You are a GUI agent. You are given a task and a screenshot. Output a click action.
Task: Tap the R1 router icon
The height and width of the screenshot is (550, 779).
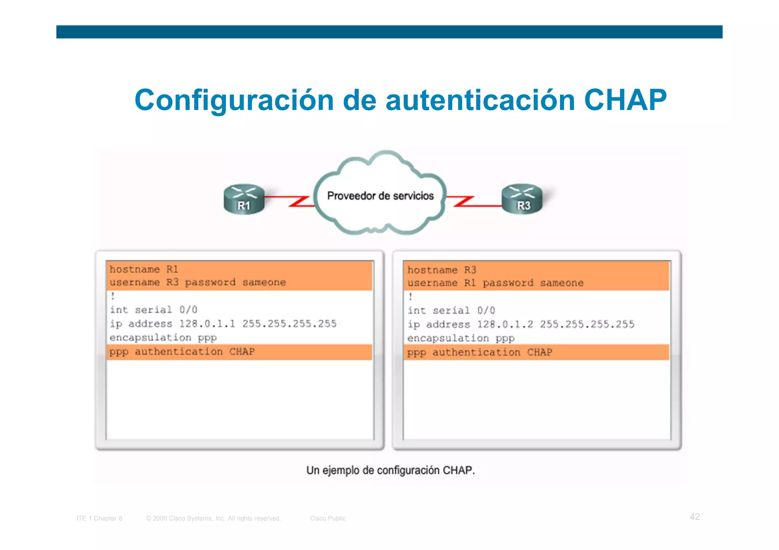click(x=244, y=199)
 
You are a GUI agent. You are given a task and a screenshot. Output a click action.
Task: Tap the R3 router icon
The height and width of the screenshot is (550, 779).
click(x=522, y=199)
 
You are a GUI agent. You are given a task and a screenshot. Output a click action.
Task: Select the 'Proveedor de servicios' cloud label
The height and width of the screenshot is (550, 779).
click(x=380, y=196)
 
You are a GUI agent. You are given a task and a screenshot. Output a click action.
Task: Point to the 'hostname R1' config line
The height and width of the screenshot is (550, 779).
click(x=144, y=269)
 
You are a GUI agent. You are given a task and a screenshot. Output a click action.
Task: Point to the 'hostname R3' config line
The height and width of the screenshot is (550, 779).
click(x=442, y=270)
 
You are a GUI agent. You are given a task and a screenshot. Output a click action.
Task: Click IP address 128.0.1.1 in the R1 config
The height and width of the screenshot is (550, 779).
click(x=207, y=324)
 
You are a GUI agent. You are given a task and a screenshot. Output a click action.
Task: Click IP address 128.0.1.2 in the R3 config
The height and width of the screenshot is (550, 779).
click(x=505, y=325)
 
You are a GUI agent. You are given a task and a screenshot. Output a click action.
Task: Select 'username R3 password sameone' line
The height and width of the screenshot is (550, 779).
click(x=197, y=282)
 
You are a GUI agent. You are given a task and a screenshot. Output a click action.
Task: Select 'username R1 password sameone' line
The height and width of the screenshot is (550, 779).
click(x=495, y=283)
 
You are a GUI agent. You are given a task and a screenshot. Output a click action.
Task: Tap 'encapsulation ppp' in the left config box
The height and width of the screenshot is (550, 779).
click(x=163, y=338)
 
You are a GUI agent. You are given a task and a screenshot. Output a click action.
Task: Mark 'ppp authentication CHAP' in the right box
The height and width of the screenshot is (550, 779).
click(x=479, y=352)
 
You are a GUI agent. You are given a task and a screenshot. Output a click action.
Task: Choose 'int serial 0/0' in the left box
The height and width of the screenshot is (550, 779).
click(x=154, y=310)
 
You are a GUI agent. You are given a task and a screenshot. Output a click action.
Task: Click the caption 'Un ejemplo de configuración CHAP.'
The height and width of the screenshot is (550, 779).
click(x=391, y=471)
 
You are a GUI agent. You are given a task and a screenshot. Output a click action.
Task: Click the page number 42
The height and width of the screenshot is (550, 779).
click(x=695, y=517)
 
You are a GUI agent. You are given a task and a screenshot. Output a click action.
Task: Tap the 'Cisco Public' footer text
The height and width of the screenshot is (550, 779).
click(x=327, y=518)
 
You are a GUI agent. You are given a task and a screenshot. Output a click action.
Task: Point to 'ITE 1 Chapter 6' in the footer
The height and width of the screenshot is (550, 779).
click(x=99, y=518)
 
